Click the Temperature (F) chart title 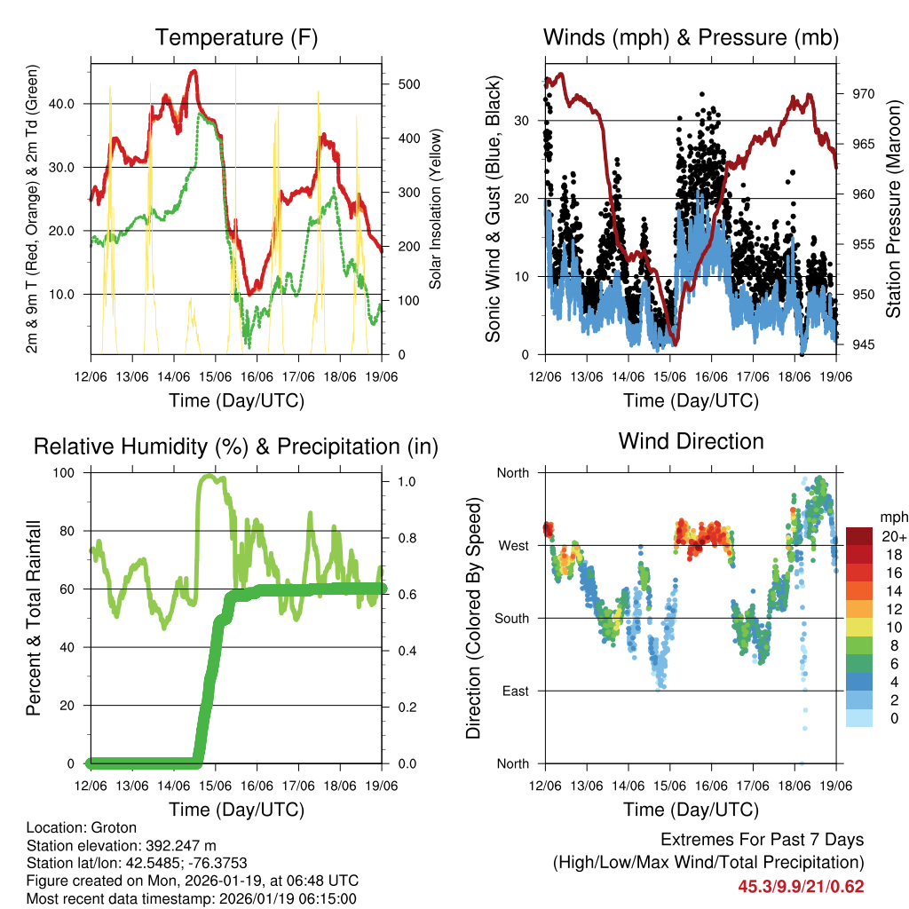click(x=236, y=37)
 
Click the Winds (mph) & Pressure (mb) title click(x=692, y=37)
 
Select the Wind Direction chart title click(x=692, y=441)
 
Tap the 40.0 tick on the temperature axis click(x=72, y=104)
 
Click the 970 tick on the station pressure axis click(x=863, y=93)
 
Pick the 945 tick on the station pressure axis click(x=863, y=344)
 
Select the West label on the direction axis click(x=513, y=545)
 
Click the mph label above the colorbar click(x=890, y=517)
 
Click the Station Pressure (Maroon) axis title click(x=893, y=209)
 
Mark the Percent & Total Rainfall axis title click(x=34, y=618)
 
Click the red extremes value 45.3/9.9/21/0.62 click(x=801, y=887)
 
